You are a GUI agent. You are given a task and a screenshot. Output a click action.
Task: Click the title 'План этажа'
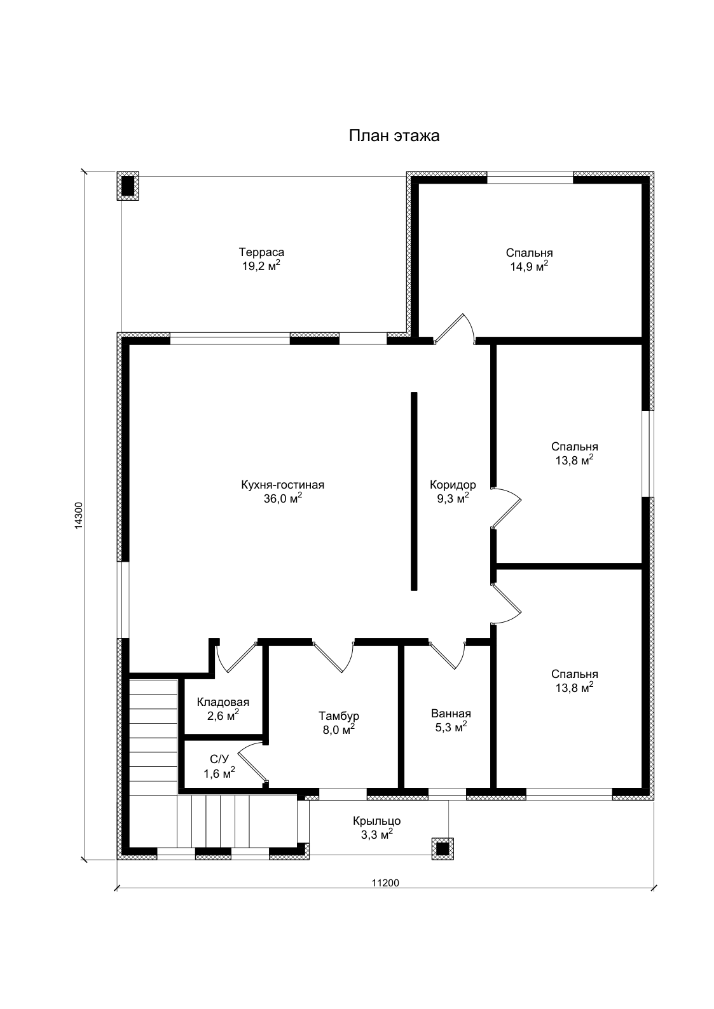click(x=394, y=135)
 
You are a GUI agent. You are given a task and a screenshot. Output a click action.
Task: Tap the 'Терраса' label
click(x=261, y=252)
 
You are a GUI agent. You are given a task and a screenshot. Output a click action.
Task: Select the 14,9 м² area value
click(x=529, y=266)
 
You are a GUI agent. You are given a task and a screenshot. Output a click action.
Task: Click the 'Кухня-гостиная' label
click(x=283, y=485)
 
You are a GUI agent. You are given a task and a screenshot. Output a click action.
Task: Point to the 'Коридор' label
click(x=453, y=485)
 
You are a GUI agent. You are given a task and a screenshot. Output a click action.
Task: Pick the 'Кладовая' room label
click(x=223, y=702)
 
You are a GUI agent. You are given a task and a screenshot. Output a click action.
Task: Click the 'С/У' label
click(x=219, y=759)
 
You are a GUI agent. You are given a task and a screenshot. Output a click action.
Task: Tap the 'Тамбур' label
click(x=339, y=715)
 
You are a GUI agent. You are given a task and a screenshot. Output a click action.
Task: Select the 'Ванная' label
click(x=451, y=713)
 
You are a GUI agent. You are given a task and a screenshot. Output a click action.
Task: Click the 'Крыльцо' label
click(x=377, y=821)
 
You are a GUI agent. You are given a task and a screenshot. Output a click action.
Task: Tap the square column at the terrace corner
click(x=128, y=186)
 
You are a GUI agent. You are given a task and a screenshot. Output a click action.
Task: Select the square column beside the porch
click(x=443, y=849)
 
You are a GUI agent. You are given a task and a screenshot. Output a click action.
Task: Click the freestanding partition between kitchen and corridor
click(x=414, y=491)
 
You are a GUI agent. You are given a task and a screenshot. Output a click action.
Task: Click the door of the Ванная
click(x=447, y=655)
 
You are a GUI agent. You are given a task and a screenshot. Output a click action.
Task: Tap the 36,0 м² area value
click(x=283, y=498)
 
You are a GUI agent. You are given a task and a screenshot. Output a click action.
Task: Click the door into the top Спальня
click(x=454, y=329)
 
